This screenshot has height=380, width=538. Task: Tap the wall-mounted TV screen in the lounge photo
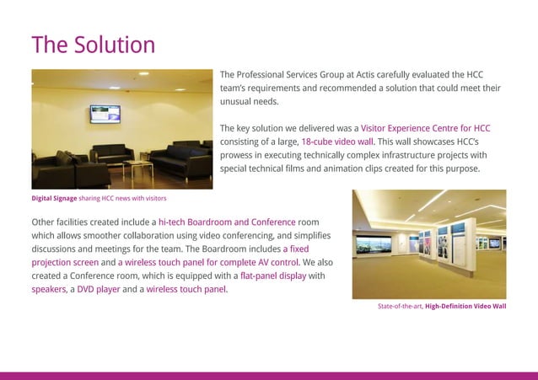pos(105,113)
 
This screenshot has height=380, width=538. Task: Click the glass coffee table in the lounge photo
pos(137,166)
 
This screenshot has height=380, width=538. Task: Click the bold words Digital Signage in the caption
pos(54,198)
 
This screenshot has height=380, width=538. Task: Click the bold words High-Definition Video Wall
pos(465,306)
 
